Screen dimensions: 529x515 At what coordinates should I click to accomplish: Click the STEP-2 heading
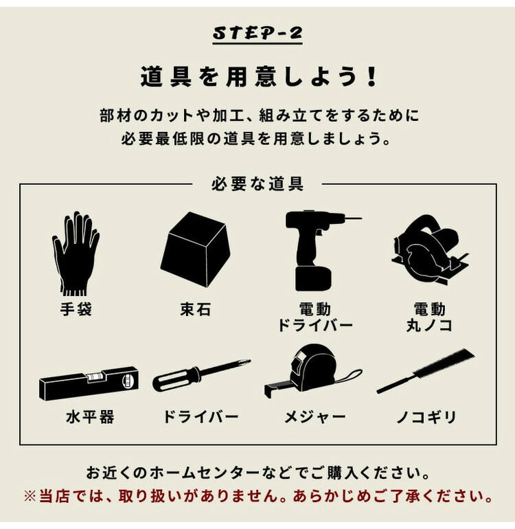point(257,33)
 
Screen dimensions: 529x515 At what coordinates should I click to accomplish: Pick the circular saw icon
point(428,250)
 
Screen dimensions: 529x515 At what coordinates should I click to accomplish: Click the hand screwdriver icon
point(201,375)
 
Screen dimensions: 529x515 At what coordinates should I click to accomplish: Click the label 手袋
point(76,310)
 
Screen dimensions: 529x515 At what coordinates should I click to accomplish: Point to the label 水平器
point(90,417)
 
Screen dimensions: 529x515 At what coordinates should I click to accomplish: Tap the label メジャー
point(315,417)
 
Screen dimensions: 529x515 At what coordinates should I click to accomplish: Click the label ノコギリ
point(426,417)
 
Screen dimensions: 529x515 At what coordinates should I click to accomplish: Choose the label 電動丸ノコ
point(429,317)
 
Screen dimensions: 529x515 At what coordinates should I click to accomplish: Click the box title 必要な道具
point(257,184)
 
